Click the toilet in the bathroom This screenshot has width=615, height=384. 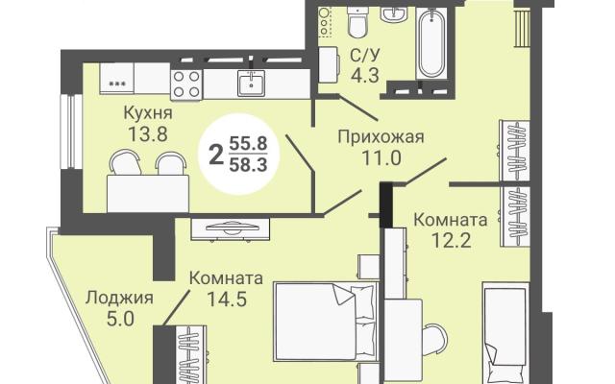[357, 23]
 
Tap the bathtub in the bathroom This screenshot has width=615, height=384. [431, 43]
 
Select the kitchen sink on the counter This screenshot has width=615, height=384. [251, 84]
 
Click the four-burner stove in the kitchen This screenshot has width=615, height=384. [186, 84]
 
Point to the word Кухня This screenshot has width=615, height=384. [148, 113]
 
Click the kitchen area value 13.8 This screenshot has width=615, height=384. [148, 134]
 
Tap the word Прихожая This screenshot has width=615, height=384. [381, 137]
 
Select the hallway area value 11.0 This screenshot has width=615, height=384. [381, 158]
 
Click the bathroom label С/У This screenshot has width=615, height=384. [365, 56]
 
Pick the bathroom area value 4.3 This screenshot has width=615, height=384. [365, 76]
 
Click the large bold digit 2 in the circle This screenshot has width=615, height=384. [215, 155]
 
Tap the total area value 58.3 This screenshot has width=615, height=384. [248, 164]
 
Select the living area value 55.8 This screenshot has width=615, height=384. [248, 143]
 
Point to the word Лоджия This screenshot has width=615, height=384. [119, 299]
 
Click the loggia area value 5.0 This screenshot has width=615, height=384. [120, 320]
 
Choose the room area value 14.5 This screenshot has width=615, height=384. [227, 300]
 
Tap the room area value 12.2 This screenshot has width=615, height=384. [451, 240]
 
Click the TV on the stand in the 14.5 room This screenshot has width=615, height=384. [231, 228]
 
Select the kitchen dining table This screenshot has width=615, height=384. [148, 194]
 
